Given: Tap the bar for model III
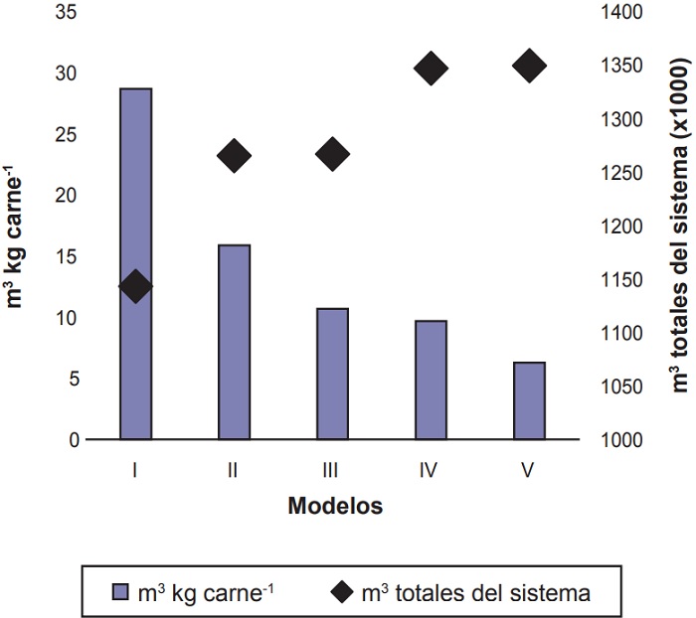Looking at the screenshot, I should click(332, 374).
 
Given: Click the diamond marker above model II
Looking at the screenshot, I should click(234, 156).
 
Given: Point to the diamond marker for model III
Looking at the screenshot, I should click(332, 154).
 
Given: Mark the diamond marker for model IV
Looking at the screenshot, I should click(431, 69).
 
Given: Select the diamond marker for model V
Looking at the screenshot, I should click(529, 67).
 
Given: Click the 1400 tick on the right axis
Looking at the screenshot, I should click(624, 13).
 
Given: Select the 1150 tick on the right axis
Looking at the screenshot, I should click(624, 280).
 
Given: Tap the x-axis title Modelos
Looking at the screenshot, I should click(335, 506).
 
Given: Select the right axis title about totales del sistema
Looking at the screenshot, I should click(679, 224).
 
